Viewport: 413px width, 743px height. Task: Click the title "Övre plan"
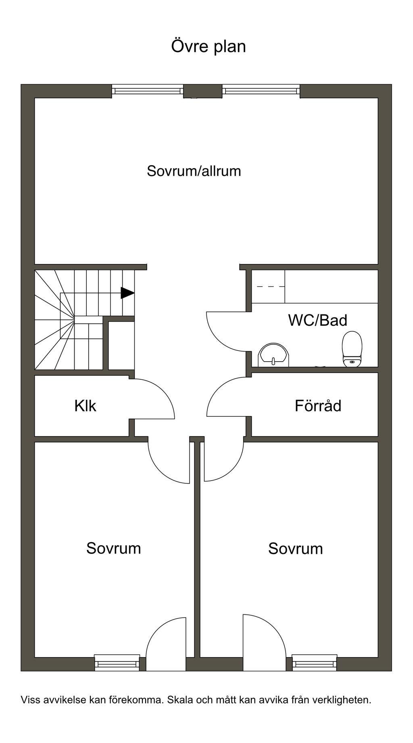coord(209,46)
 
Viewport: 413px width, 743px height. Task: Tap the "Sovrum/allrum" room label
coord(194,171)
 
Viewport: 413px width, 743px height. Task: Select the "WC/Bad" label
coord(317,320)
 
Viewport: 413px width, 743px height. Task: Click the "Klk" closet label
coord(85,406)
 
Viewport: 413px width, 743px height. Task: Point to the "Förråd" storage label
coord(318,406)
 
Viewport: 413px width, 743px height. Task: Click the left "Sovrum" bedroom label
coord(113,548)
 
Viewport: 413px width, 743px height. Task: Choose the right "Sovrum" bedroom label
coord(295,549)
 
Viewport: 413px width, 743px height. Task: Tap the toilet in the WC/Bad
coord(352,349)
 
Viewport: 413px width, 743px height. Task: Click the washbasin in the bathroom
coord(273,355)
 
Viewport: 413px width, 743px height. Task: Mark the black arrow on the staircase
coord(127,293)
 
